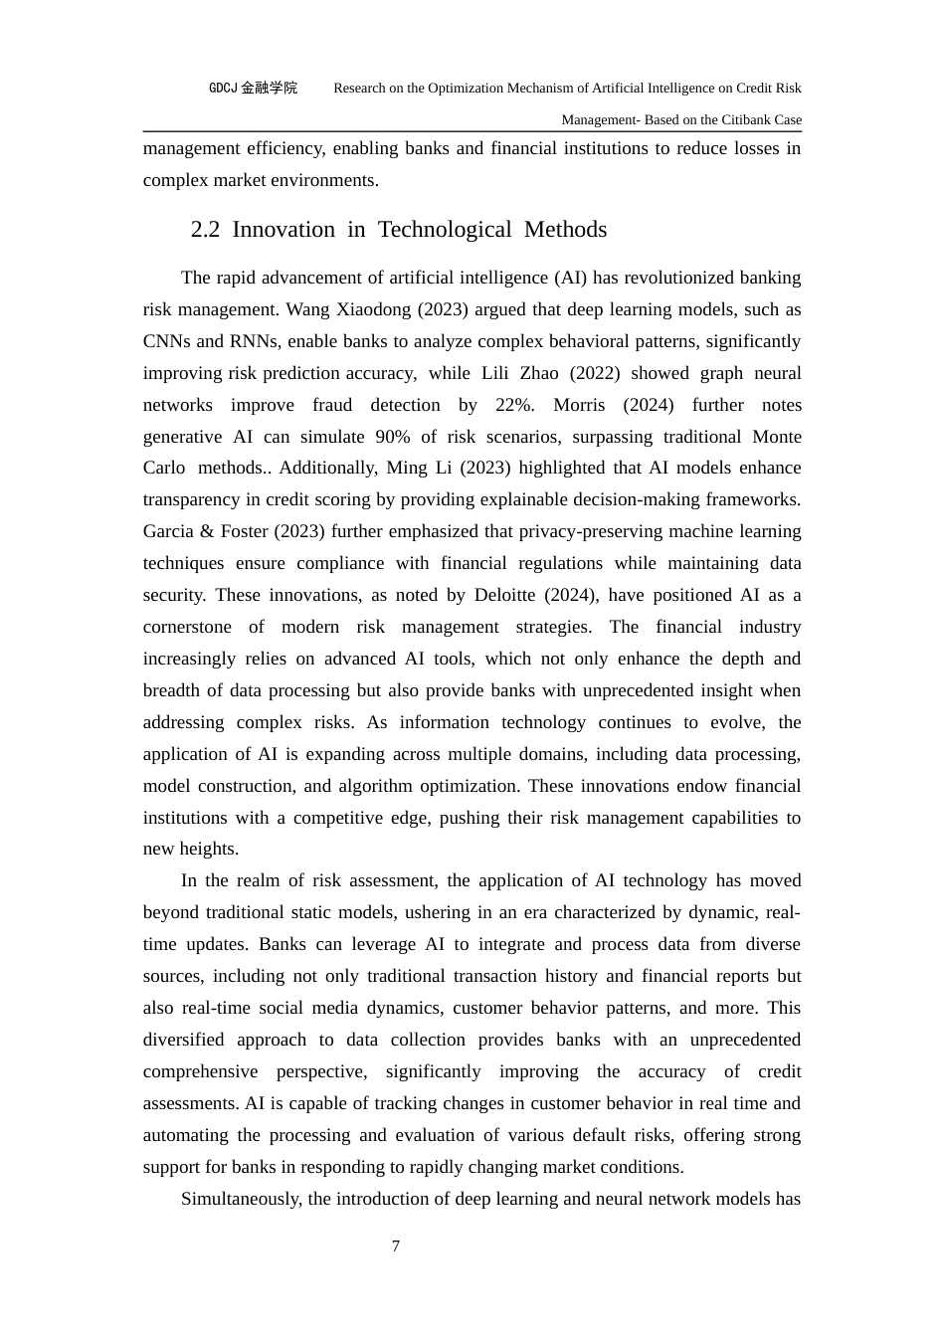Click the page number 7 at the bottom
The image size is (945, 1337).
click(396, 1246)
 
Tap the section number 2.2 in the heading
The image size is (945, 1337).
click(205, 230)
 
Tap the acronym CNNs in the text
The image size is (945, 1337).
click(167, 341)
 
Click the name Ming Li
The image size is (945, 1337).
click(408, 468)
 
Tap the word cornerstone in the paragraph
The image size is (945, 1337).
click(187, 627)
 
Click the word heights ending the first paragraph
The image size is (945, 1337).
click(210, 849)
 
